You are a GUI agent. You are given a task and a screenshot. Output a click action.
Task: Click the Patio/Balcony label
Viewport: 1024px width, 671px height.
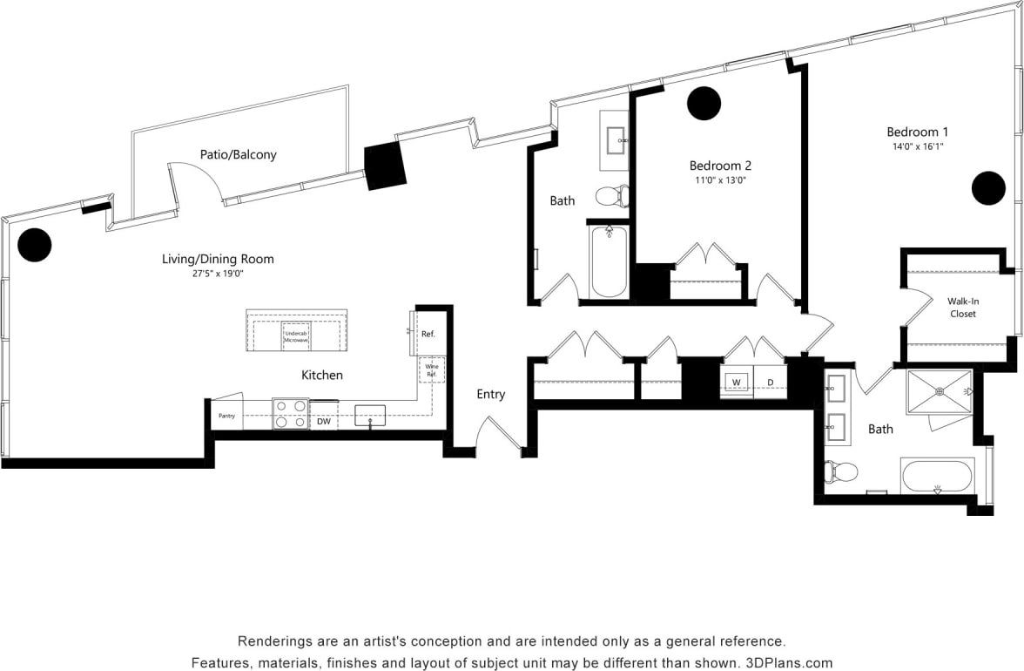click(x=238, y=154)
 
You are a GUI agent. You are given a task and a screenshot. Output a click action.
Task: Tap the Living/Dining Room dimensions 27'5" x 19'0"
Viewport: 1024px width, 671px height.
click(x=218, y=274)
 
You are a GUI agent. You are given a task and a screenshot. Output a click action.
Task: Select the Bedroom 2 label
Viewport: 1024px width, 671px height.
click(x=720, y=166)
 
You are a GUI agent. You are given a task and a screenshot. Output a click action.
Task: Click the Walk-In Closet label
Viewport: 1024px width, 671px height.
click(x=962, y=307)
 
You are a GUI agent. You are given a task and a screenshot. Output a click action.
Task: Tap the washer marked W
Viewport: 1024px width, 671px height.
click(x=736, y=382)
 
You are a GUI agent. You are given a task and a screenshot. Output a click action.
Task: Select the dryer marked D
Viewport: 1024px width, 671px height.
click(x=771, y=382)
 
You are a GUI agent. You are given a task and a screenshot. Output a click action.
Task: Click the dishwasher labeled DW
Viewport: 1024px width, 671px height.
click(x=323, y=422)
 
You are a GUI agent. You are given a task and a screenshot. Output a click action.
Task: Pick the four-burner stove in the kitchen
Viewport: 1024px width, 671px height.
click(x=290, y=414)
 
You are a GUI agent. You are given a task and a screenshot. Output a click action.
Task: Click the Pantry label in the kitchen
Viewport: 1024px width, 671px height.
click(x=227, y=417)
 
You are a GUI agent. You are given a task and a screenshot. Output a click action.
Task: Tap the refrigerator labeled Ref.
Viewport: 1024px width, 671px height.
click(x=427, y=334)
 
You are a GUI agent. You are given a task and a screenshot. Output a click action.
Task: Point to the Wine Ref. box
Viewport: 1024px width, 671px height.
click(x=432, y=371)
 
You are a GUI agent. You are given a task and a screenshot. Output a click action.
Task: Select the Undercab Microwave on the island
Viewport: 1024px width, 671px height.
click(x=296, y=335)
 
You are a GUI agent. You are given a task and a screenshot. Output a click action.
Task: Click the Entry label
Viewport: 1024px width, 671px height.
click(x=491, y=394)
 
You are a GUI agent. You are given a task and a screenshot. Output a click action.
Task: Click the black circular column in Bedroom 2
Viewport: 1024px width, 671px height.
click(x=704, y=104)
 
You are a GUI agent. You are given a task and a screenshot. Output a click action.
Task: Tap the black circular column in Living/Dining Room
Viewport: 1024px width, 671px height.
click(x=35, y=245)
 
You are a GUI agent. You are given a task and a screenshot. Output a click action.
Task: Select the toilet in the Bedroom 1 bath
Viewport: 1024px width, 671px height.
click(x=840, y=471)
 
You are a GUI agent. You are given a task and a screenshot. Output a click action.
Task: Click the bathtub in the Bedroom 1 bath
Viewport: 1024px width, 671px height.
click(x=937, y=476)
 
